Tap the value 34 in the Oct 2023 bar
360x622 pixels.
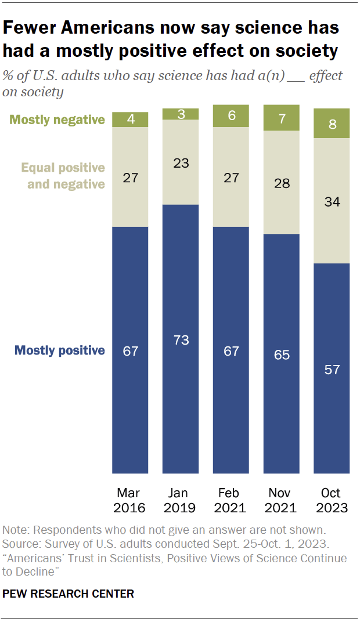coord(332,202)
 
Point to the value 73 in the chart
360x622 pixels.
coord(181,340)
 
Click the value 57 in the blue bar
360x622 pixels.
coord(332,370)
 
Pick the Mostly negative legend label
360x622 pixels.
coord(57,120)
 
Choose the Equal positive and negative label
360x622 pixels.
coord(63,176)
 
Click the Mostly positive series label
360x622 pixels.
coord(60,350)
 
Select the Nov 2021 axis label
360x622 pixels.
coord(282,500)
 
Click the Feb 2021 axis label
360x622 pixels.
coord(231,500)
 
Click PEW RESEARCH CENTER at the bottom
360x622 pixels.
coord(69,594)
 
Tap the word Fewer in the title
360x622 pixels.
coord(35,28)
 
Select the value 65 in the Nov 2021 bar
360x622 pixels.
coord(282,355)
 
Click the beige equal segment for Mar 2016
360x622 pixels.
coord(130,177)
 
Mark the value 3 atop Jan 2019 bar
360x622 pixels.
coord(181,114)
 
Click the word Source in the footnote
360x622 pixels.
coord(21,544)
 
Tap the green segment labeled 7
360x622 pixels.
coord(282,118)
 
